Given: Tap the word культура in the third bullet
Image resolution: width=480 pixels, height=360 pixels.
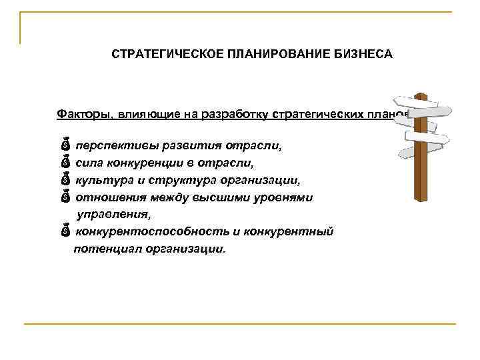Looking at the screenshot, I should point(100,180).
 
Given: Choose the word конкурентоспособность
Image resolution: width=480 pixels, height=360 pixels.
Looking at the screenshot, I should point(149,231).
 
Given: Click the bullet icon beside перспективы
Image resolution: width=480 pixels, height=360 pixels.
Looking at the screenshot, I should point(65,145).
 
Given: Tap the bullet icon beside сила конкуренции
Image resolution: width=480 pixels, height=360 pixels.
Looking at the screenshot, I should point(65,162).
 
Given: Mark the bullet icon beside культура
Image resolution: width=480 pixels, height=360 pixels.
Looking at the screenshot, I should point(65,179).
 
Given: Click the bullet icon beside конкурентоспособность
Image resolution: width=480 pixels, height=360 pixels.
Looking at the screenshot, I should point(65,231).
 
